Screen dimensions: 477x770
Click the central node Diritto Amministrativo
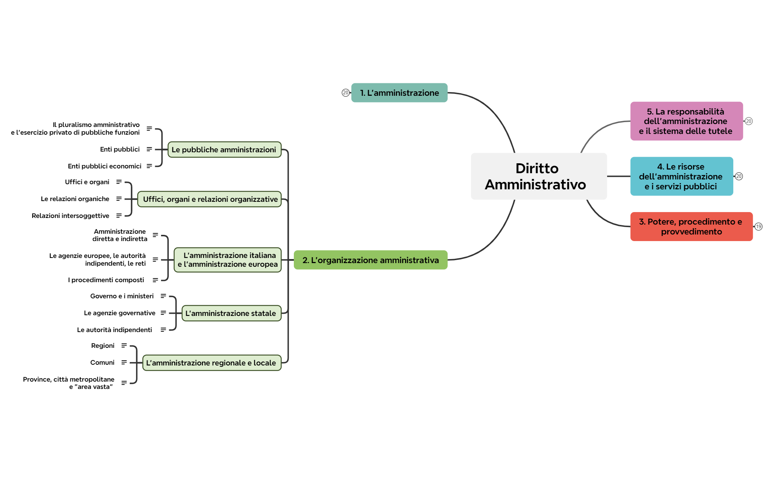[x=539, y=176]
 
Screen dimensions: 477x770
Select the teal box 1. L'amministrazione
[x=399, y=93]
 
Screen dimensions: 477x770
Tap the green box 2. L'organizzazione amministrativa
[x=371, y=260]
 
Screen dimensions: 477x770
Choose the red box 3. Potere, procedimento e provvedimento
[x=691, y=227]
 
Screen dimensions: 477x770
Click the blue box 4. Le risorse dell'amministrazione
[x=681, y=176]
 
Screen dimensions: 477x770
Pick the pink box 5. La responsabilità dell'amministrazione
[x=686, y=121]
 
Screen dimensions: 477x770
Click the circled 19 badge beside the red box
[x=759, y=227]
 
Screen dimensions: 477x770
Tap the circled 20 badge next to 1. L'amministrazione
[x=346, y=93]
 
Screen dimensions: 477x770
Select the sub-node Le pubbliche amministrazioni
[x=224, y=150]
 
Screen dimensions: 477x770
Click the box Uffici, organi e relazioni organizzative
[x=209, y=199]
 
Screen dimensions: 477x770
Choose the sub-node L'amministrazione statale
[x=231, y=313]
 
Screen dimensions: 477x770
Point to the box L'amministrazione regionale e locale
[x=212, y=363]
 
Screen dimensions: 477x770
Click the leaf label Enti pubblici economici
[x=105, y=166]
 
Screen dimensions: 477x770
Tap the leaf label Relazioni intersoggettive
[x=70, y=216]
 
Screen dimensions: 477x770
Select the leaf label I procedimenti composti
[x=106, y=280]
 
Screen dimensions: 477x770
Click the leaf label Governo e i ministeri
[x=122, y=296]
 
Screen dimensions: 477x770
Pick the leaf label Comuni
[x=102, y=363]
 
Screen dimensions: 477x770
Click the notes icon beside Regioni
[x=124, y=346]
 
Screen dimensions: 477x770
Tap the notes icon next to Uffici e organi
[x=119, y=182]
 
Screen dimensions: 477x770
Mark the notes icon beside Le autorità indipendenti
[x=163, y=330]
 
